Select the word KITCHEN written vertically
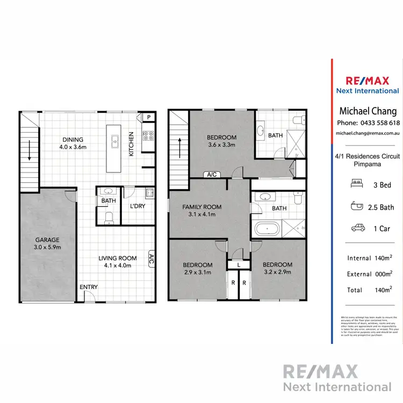[131, 145]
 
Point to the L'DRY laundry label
[138, 206]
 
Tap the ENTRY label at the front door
[89, 287]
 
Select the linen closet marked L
[239, 265]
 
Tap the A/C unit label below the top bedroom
[212, 175]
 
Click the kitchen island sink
[114, 142]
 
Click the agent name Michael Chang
[368, 111]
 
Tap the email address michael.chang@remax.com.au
[368, 132]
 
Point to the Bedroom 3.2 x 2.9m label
[278, 268]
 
